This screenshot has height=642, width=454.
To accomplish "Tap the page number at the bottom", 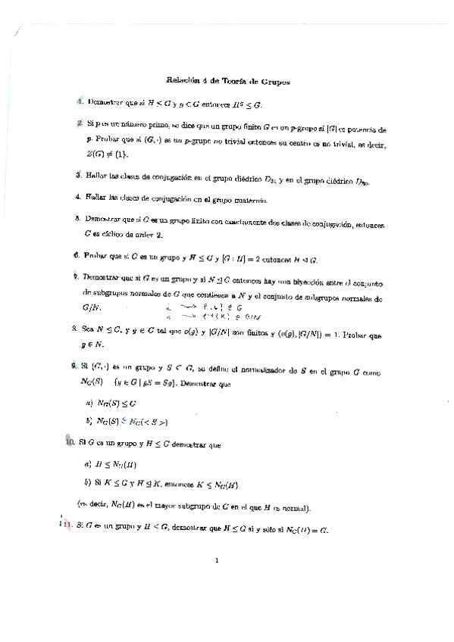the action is pyautogui.click(x=217, y=561).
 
